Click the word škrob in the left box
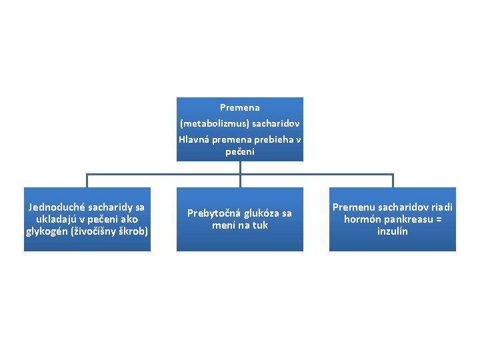tap(133, 231)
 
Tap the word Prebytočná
tap(215, 213)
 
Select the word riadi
tap(441, 207)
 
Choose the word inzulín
tap(392, 231)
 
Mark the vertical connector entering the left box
tap(87, 181)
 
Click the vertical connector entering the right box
tap(393, 181)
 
